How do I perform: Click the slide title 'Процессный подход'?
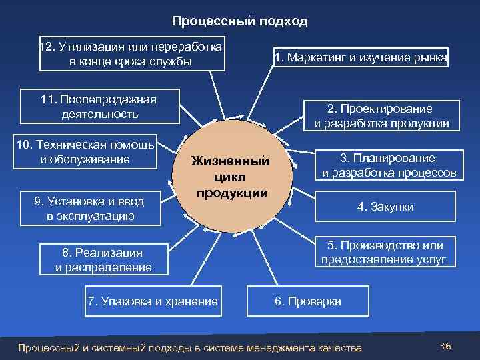coord(239,21)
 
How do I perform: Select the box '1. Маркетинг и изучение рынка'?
coord(361,58)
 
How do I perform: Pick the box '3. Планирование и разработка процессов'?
coord(389,166)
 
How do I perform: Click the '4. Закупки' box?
coord(385,207)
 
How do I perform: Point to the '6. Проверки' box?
coord(307,301)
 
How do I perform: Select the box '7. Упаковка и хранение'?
coord(153,301)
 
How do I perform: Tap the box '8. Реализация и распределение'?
coord(103,260)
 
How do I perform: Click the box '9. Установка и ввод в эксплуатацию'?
coord(89,207)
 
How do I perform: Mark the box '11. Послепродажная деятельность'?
coord(99,107)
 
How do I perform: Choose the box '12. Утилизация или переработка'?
coord(131,54)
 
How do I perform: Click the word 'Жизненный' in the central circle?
coord(231,162)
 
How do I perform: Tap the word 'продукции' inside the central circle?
coord(231,193)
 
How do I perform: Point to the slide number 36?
coord(445,345)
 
